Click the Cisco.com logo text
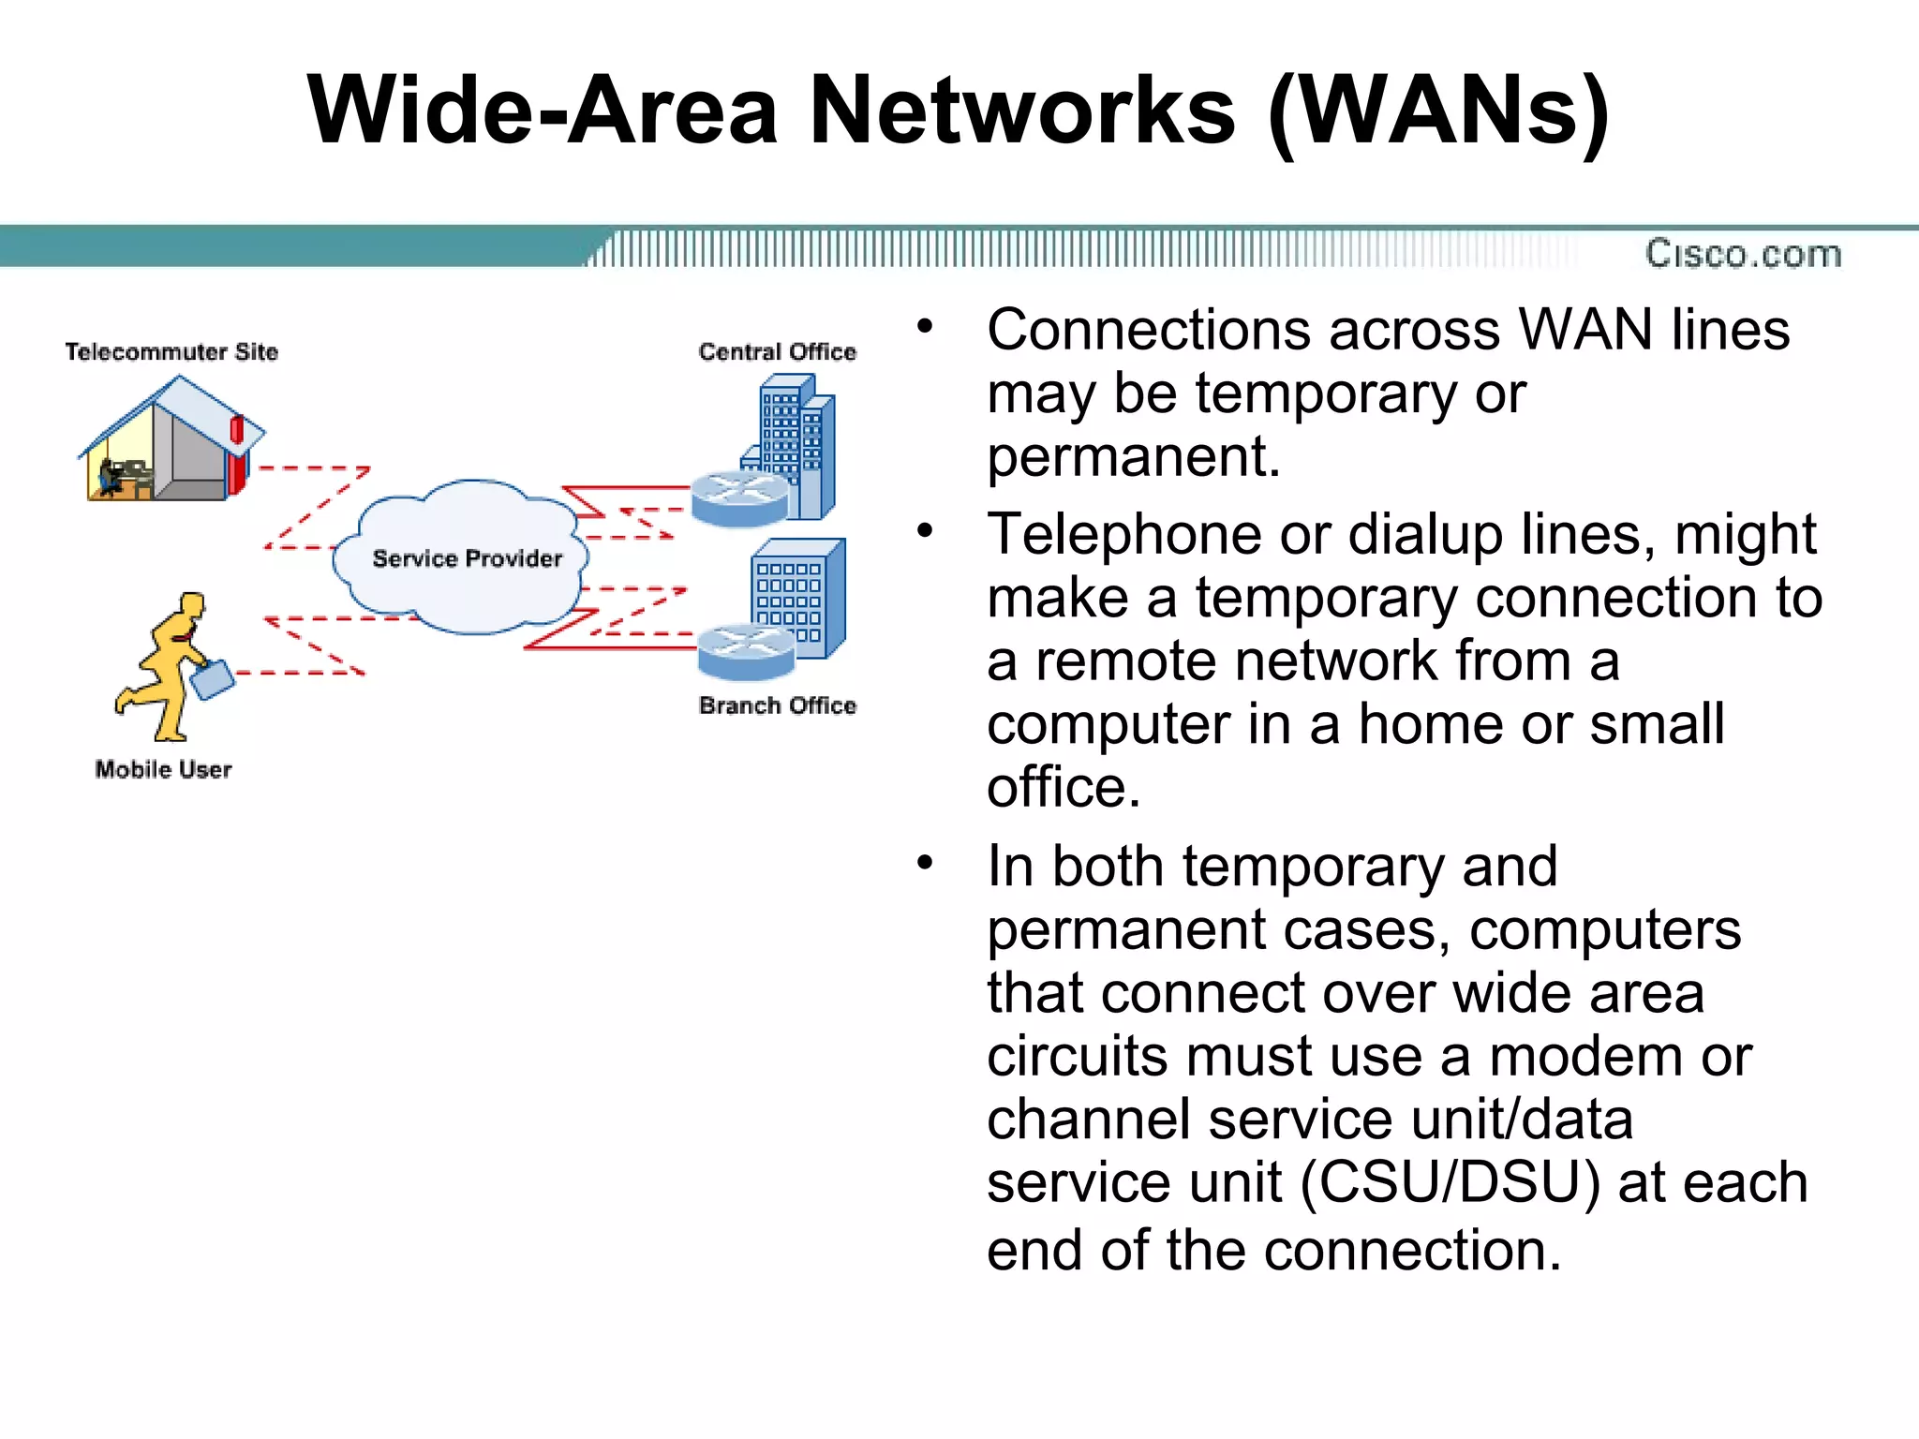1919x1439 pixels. click(1743, 254)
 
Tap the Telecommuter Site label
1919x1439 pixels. click(171, 351)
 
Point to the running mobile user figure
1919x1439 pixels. click(169, 665)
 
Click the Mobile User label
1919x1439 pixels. click(163, 769)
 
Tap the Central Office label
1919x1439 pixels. click(777, 351)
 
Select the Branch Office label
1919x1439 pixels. click(777, 705)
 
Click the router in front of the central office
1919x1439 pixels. click(739, 499)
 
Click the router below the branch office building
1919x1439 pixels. click(746, 652)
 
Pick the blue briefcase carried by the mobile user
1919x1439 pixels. click(213, 679)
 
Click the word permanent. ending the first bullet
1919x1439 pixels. click(1133, 456)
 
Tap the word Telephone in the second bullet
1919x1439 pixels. click(1124, 535)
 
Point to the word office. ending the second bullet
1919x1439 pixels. click(1064, 787)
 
